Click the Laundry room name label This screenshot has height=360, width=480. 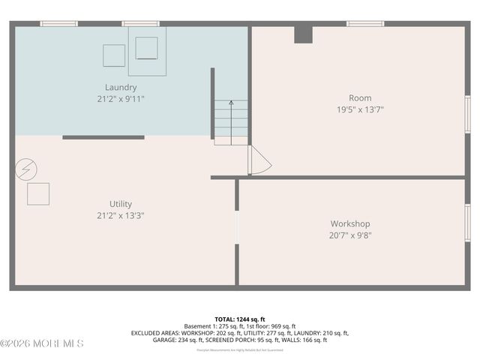coord(121,87)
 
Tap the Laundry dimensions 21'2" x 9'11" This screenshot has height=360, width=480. coord(121,98)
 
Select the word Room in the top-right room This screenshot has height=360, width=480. coord(360,98)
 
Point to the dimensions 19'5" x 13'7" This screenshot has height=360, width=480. coord(360,109)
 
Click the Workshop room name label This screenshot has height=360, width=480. coord(350,223)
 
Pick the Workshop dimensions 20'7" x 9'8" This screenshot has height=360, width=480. coord(350,235)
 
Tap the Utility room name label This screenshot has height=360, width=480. coord(121,204)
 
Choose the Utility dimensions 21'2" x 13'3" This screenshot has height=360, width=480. coord(121,215)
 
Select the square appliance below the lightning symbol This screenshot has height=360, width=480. coord(38,193)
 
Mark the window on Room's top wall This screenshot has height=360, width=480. coord(365,23)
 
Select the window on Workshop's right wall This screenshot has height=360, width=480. coord(467,223)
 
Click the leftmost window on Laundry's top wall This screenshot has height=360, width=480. coord(59,23)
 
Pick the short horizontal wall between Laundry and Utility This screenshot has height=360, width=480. coord(103,137)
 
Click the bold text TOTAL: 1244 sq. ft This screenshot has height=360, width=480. coord(239,319)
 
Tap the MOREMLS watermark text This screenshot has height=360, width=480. coord(43,343)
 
